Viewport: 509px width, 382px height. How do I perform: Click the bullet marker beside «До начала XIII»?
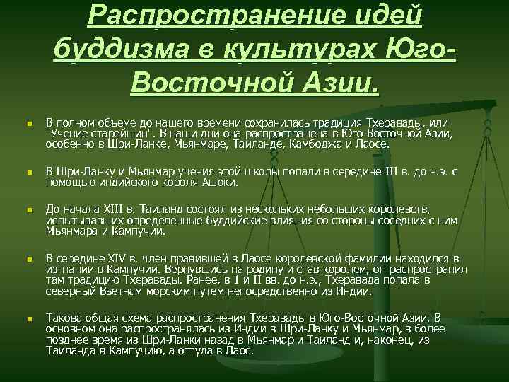pyautogui.click(x=24, y=210)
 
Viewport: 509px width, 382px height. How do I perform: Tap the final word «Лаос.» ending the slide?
pyautogui.click(x=240, y=351)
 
